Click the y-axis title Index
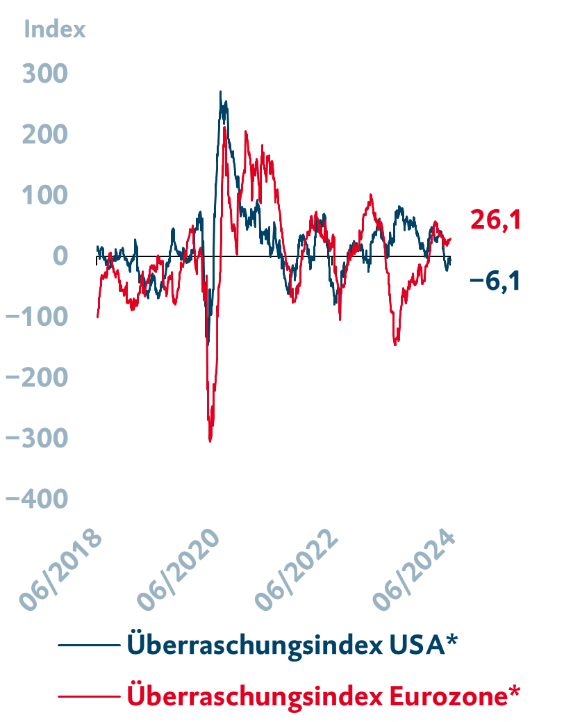[55, 29]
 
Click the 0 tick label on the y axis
[60, 256]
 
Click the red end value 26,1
[495, 220]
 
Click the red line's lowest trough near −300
[210, 440]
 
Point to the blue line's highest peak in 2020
[221, 92]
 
